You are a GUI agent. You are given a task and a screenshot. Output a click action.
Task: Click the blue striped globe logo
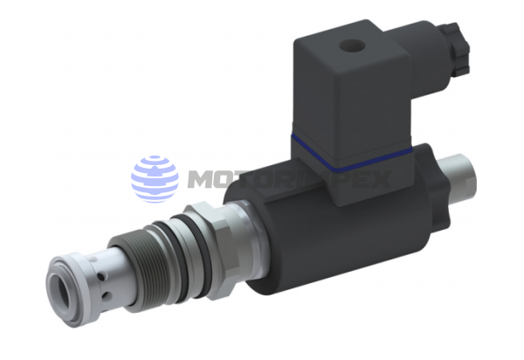pos(155,178)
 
